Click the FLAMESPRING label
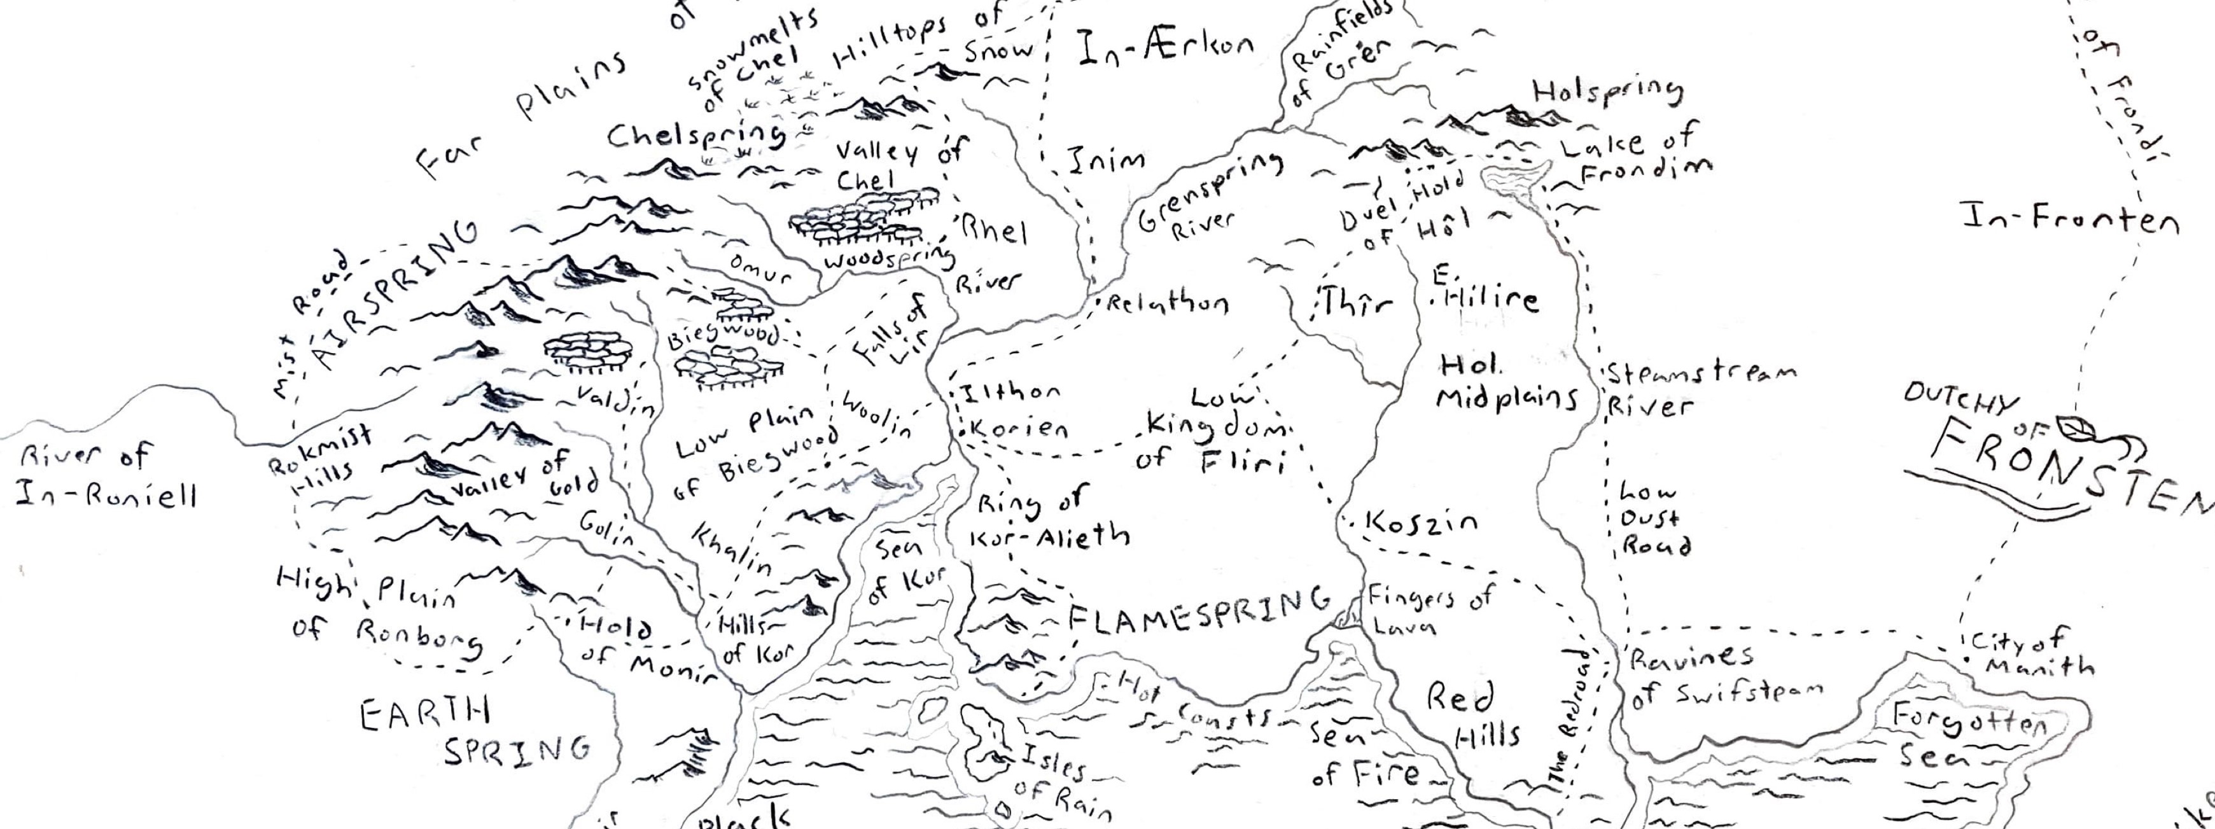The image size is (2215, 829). (1198, 612)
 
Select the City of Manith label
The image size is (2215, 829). (2031, 653)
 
